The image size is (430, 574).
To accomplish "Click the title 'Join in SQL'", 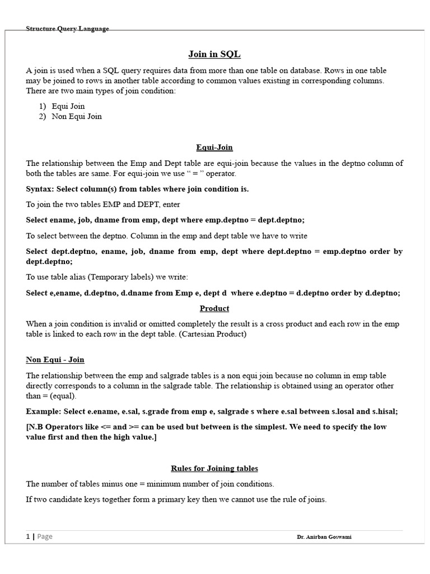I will click(x=214, y=54).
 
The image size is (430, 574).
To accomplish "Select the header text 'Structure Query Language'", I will click(x=67, y=29).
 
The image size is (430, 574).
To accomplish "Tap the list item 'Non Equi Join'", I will click(x=77, y=117).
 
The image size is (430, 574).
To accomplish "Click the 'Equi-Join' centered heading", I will click(x=214, y=147).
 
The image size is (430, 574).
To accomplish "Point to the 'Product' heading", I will click(x=214, y=308).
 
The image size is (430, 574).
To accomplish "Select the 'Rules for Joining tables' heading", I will click(x=214, y=468).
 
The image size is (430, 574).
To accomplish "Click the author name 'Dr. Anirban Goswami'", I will click(x=325, y=537).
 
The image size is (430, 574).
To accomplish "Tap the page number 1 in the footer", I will click(x=28, y=536).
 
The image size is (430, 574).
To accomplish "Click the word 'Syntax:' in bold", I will click(x=40, y=189).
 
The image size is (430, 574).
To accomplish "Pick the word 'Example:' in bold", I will click(x=43, y=411).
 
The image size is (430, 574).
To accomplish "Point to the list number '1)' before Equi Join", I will click(x=43, y=106).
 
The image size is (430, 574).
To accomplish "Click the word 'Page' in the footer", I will click(x=45, y=536).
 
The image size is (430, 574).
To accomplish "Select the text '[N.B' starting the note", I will click(x=36, y=427).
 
